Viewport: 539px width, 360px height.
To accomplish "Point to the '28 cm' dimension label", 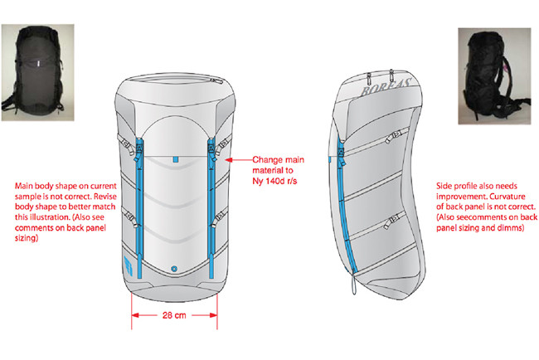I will point(173,315).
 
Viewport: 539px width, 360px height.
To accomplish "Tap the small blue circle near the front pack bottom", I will point(174,269).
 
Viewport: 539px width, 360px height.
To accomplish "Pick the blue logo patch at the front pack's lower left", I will point(127,267).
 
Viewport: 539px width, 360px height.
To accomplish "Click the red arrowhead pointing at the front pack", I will point(230,158).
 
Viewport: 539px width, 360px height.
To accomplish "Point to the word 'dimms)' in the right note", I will point(507,226).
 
